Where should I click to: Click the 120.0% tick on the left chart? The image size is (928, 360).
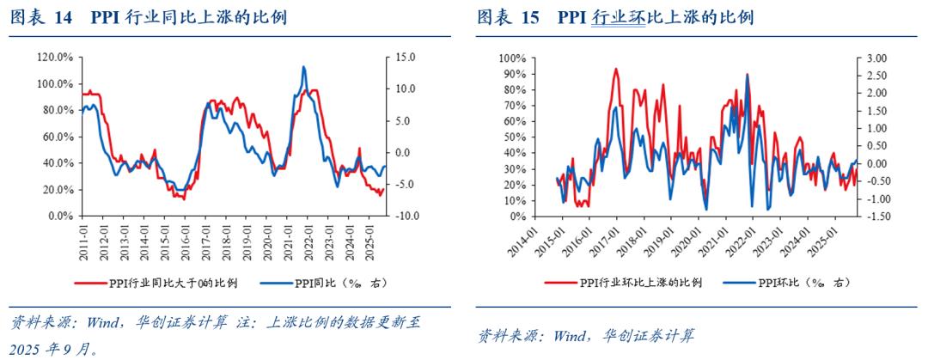[x=55, y=57]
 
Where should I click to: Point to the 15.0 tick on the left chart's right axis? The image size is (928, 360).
[x=404, y=57]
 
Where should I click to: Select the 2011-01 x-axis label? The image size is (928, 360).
[x=82, y=237]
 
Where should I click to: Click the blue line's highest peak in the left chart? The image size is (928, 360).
[x=303, y=66]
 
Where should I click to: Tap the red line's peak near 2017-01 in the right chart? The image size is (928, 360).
[x=615, y=69]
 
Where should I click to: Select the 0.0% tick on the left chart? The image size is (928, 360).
[x=58, y=217]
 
